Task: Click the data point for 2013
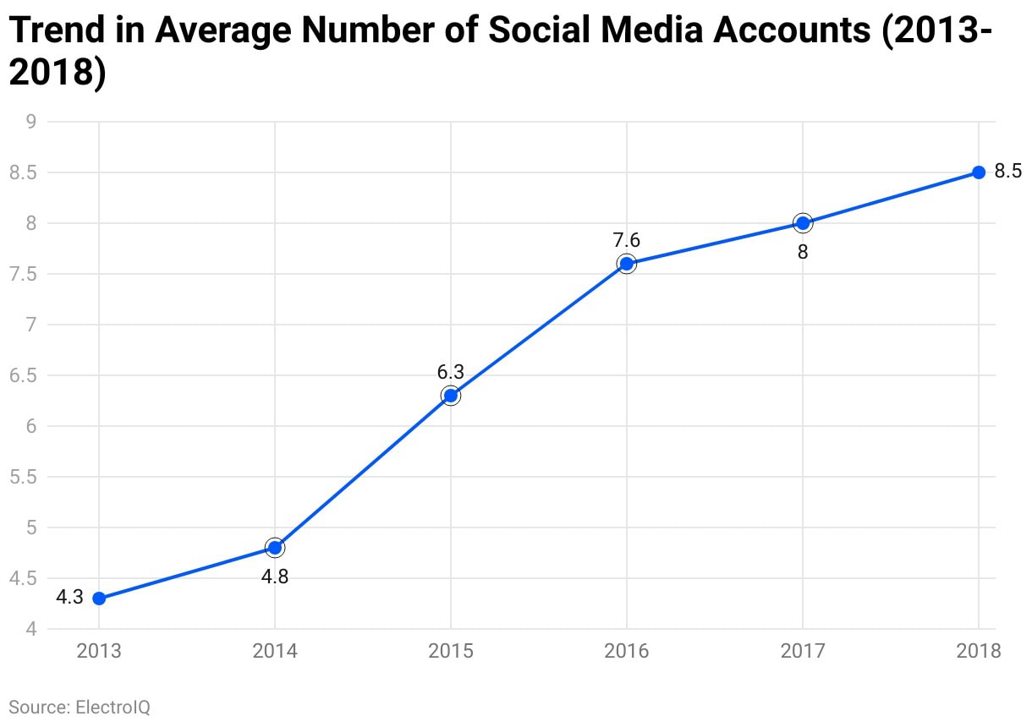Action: (x=99, y=599)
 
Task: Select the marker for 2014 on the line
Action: (x=275, y=548)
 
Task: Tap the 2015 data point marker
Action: (x=451, y=396)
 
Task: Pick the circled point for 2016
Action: (x=627, y=264)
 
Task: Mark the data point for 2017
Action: (x=803, y=223)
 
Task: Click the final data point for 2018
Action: (x=979, y=172)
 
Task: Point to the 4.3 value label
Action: (x=69, y=598)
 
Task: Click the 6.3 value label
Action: (x=451, y=372)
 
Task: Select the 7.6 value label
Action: (x=627, y=240)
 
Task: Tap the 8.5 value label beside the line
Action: (x=1007, y=172)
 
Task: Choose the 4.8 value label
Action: (x=275, y=578)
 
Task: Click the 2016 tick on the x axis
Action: (x=627, y=651)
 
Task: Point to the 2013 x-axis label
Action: (x=99, y=651)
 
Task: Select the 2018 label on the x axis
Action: (x=979, y=651)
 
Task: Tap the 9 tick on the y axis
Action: (x=30, y=122)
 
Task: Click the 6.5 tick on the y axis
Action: (x=23, y=375)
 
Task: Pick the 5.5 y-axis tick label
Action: (x=23, y=477)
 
